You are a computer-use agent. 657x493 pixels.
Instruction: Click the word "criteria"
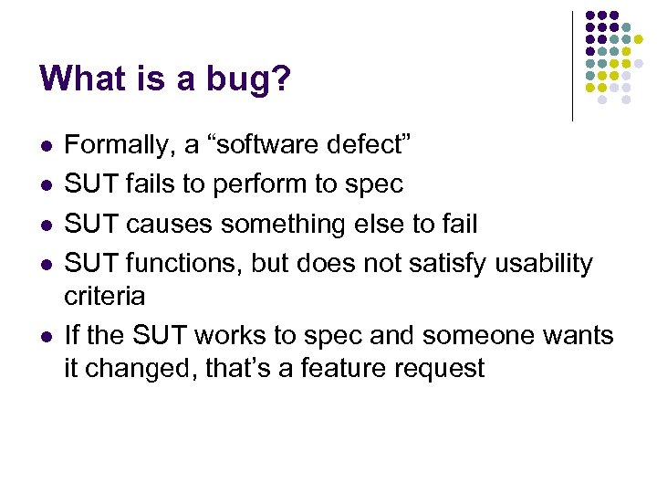104,296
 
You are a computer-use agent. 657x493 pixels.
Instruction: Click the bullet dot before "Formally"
46,146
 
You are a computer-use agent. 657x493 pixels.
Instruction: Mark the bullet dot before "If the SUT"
46,337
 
